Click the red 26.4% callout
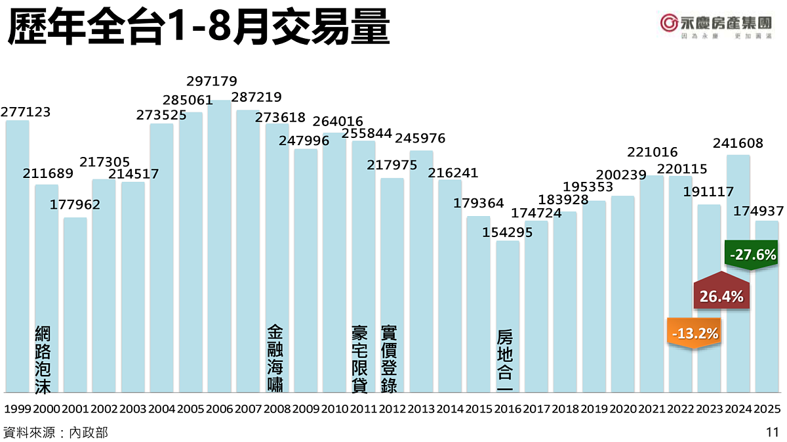click(x=721, y=296)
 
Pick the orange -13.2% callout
click(x=693, y=333)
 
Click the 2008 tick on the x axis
click(x=277, y=409)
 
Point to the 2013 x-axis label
click(x=421, y=409)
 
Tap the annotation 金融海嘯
click(x=276, y=359)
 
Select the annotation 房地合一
click(x=505, y=359)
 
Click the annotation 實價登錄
click(x=389, y=359)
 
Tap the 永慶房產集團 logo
click(x=715, y=25)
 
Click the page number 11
click(x=771, y=432)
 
